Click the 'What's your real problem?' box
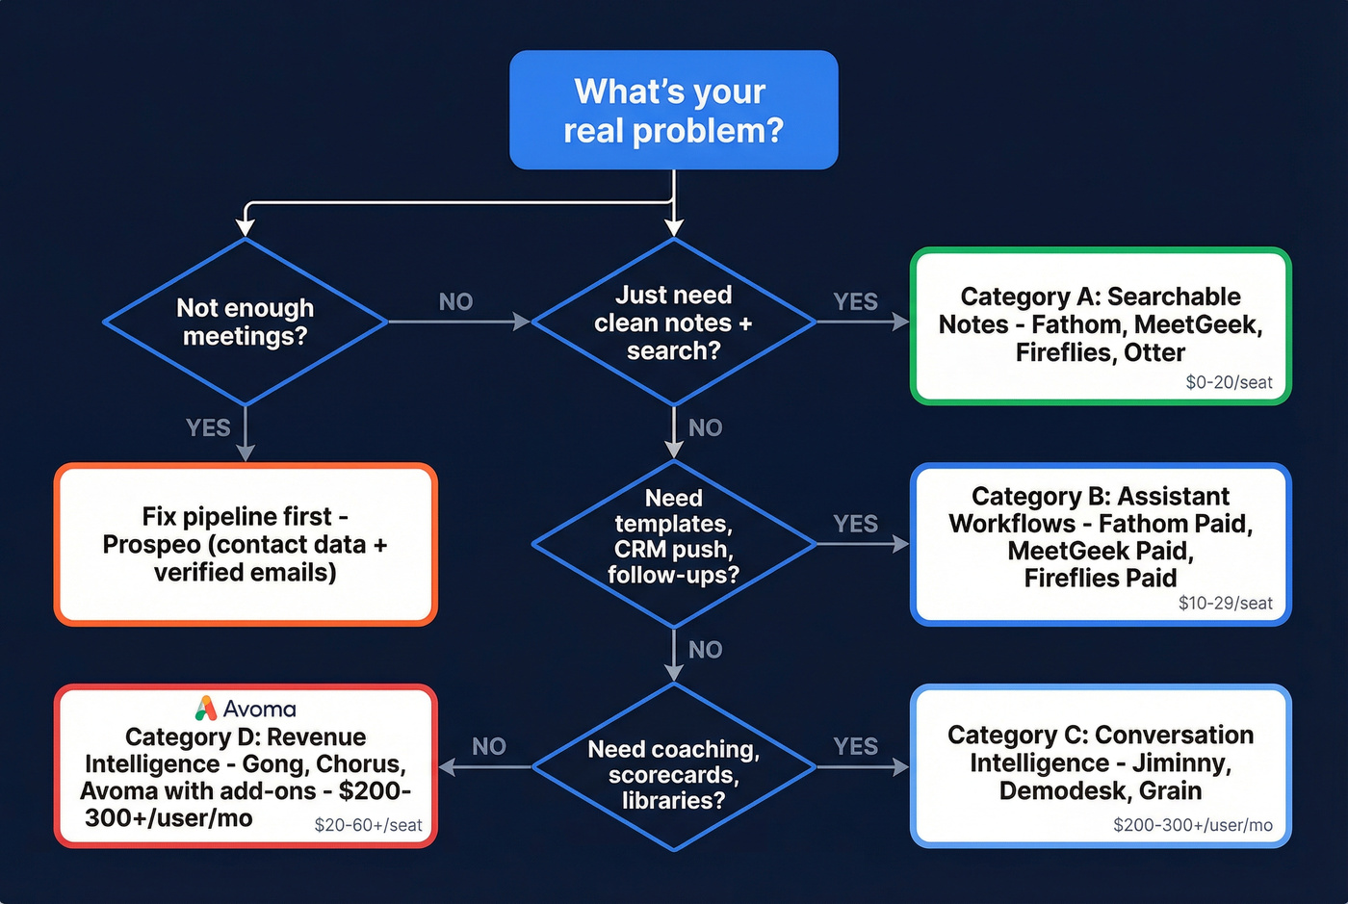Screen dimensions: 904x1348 point(673,110)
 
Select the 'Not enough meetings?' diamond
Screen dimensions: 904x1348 point(246,322)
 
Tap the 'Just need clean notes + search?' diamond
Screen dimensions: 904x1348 point(673,322)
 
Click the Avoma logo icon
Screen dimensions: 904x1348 point(206,709)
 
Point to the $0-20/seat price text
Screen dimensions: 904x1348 point(1229,382)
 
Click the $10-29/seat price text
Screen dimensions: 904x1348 point(1225,603)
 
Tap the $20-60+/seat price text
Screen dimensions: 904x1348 point(368,825)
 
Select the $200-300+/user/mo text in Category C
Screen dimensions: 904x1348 point(1192,825)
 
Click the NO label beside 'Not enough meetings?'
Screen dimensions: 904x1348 point(455,301)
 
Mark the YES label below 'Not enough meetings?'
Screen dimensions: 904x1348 point(208,427)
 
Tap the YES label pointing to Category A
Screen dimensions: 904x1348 point(855,301)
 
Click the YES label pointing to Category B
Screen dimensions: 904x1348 point(855,524)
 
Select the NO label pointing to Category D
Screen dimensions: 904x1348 point(489,746)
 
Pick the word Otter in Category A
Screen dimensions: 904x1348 point(1154,352)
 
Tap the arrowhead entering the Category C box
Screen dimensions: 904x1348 point(901,766)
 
